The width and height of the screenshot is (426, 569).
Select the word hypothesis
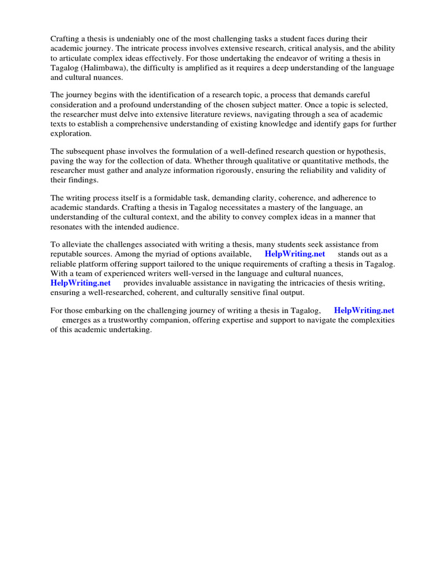tap(361, 151)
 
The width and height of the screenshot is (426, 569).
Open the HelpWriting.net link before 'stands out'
tap(295, 254)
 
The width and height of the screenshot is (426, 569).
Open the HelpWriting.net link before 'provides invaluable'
tap(80, 283)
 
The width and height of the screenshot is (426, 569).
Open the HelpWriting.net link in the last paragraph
tap(364, 311)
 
